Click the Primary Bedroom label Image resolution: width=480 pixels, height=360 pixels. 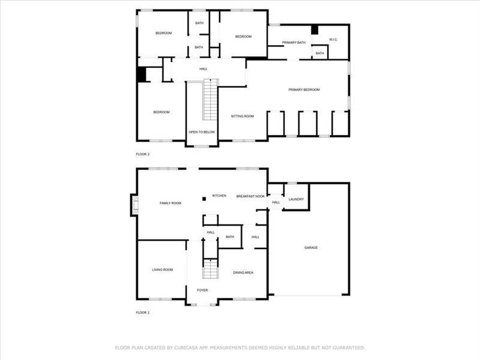[304, 89]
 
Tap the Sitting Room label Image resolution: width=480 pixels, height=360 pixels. [242, 116]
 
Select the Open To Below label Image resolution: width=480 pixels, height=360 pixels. [202, 132]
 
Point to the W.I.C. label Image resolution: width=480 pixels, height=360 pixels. [333, 40]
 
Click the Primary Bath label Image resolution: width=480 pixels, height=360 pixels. [293, 43]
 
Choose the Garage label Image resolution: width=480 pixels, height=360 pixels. [311, 248]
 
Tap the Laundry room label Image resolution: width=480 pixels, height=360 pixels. [296, 199]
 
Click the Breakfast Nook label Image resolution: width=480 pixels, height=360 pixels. [250, 196]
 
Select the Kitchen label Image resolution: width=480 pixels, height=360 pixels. [219, 196]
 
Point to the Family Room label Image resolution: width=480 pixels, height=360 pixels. [170, 203]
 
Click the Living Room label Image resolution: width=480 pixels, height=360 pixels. [163, 269]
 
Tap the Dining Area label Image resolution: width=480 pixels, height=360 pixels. [243, 272]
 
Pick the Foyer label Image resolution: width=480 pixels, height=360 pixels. [202, 290]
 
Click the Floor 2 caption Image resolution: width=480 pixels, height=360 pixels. [143, 154]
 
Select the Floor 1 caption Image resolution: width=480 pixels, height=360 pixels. [143, 313]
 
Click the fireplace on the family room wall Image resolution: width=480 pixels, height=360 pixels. [134, 205]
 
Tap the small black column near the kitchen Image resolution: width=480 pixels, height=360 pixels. [204, 199]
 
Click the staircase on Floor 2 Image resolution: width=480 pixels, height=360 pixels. [211, 100]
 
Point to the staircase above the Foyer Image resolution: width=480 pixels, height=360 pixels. [211, 269]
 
